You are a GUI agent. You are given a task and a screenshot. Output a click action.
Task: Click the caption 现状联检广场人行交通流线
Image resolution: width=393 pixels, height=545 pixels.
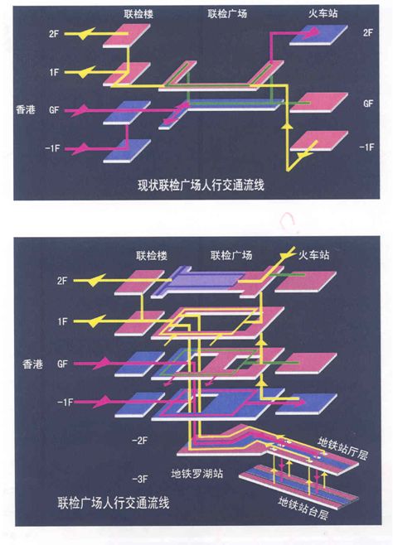pyautogui.click(x=201, y=185)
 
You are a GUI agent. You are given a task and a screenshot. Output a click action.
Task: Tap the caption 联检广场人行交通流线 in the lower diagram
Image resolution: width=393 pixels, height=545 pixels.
pyautogui.click(x=114, y=503)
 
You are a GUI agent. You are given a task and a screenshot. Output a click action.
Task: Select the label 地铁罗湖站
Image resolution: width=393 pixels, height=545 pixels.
pyautogui.click(x=196, y=474)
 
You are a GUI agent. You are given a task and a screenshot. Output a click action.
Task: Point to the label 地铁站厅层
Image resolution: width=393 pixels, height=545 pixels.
pyautogui.click(x=342, y=449)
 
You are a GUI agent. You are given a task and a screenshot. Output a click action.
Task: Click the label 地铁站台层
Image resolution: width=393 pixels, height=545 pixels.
pyautogui.click(x=303, y=508)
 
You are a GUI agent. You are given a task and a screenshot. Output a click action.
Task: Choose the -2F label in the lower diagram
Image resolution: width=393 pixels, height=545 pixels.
pyautogui.click(x=140, y=441)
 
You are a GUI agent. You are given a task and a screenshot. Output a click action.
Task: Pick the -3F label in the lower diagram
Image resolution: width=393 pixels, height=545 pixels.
pyautogui.click(x=140, y=480)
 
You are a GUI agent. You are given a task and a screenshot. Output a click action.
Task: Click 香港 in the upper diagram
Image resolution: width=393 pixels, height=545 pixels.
pyautogui.click(x=26, y=110)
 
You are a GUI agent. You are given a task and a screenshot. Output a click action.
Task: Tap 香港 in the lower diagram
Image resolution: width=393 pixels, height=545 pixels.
pyautogui.click(x=32, y=364)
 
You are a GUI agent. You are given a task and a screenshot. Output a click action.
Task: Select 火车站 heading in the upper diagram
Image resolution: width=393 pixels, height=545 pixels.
pyautogui.click(x=323, y=13)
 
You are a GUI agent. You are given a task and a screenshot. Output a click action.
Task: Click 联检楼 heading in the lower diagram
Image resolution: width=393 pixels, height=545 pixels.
pyautogui.click(x=152, y=256)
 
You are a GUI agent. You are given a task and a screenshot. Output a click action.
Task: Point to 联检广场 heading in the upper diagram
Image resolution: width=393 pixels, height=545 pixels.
pyautogui.click(x=227, y=13)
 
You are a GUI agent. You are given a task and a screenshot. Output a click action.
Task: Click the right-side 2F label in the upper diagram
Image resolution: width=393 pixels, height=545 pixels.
pyautogui.click(x=368, y=32)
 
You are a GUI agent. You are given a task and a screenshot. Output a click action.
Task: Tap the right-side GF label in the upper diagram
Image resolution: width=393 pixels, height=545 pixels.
pyautogui.click(x=368, y=104)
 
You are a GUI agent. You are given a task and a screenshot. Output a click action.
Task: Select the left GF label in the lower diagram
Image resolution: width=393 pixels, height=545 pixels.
pyautogui.click(x=62, y=364)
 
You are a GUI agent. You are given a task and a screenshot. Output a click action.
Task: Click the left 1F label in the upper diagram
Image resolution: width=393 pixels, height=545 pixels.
pyautogui.click(x=54, y=72)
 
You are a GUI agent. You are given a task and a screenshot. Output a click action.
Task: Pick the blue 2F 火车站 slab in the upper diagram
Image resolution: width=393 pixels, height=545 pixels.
pyautogui.click(x=318, y=35)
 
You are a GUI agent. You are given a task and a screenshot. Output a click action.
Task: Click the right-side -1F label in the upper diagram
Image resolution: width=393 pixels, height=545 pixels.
pyautogui.click(x=366, y=147)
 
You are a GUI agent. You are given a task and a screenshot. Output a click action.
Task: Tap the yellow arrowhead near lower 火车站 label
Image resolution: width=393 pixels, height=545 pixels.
pyautogui.click(x=286, y=255)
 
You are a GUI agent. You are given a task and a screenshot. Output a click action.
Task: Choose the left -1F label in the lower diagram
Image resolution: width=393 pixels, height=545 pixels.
pyautogui.click(x=65, y=403)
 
